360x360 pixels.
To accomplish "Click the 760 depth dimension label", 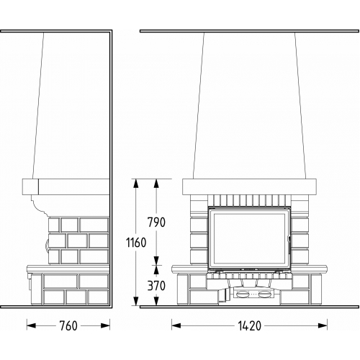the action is [x=68, y=325].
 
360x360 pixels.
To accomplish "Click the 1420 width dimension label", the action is [x=249, y=325].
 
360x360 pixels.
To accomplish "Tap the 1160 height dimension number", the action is [x=136, y=243].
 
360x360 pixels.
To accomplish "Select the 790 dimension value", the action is [x=156, y=222].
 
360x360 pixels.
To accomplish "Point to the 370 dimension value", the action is [x=156, y=286].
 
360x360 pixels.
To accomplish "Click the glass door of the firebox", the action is [x=249, y=238].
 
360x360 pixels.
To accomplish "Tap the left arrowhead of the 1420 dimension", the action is [x=176, y=325].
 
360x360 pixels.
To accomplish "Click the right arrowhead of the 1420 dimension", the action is [x=323, y=325].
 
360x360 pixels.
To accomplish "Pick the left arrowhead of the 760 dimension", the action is [x=31, y=325].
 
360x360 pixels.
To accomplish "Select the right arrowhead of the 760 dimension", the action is [x=105, y=325].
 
